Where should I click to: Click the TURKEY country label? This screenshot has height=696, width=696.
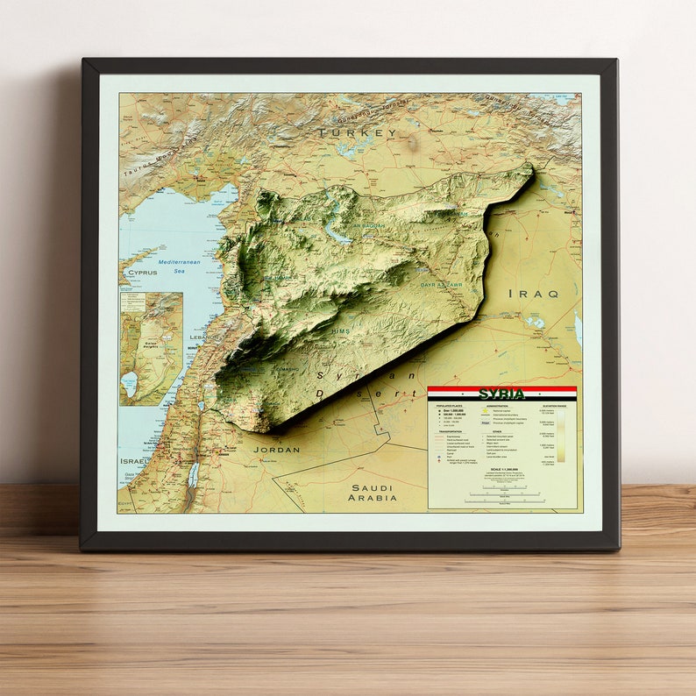pos(357,133)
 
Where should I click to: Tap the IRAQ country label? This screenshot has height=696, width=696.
pos(533,294)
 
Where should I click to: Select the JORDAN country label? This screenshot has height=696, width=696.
pos(276,449)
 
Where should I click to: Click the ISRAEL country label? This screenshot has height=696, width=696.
pos(135,460)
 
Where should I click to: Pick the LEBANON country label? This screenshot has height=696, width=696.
pos(202,337)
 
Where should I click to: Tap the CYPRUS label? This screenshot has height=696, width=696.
pos(142,273)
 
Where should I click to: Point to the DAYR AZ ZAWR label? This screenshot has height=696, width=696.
pos(440,285)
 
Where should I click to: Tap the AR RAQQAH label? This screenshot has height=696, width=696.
pos(368,225)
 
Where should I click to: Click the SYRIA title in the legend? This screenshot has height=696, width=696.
pos(501,394)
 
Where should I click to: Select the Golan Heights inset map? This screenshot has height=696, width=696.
pos(151,348)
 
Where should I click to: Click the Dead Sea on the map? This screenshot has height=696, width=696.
pos(192,475)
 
